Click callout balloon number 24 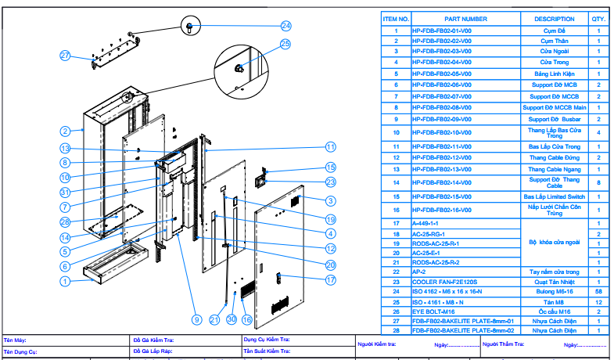(x=286, y=25)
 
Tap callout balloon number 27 (x=66, y=55)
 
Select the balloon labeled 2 (x=66, y=131)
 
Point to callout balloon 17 (x=330, y=279)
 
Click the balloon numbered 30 (x=232, y=319)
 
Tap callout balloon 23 (x=330, y=182)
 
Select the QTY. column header (x=598, y=19)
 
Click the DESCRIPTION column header (x=554, y=19)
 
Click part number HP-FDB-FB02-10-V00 (x=442, y=132)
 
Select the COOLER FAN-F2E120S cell (x=445, y=281)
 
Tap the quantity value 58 (x=598, y=291)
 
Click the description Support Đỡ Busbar (x=554, y=119)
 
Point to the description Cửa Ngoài (x=554, y=51)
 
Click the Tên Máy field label (x=16, y=340)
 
